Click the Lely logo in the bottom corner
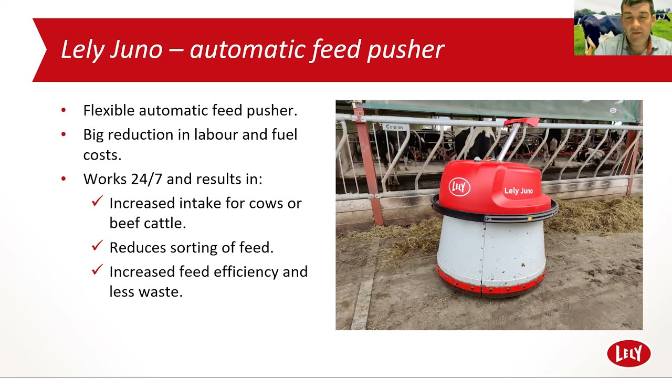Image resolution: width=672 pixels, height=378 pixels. click(x=628, y=353)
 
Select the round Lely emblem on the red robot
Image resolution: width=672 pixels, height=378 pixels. click(x=459, y=187)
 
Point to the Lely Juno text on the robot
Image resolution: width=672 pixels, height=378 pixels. click(x=518, y=191)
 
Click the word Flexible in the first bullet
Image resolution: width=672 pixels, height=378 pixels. click(x=108, y=111)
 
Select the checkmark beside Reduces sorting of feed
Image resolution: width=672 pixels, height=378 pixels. click(x=97, y=245)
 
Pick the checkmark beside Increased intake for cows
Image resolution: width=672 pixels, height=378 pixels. click(x=97, y=201)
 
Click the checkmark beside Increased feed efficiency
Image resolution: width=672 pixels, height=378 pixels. click(x=97, y=269)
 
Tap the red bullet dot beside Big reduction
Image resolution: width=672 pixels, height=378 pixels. click(x=64, y=134)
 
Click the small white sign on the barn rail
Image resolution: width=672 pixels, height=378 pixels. click(x=393, y=127)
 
